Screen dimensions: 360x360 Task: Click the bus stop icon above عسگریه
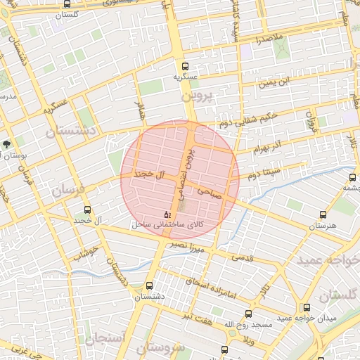[183, 63]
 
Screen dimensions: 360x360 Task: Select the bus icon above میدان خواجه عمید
[306, 307]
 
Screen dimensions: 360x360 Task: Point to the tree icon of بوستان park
[7, 144]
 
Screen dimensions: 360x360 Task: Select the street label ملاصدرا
[269, 36]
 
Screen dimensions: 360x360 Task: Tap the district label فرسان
[67, 190]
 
